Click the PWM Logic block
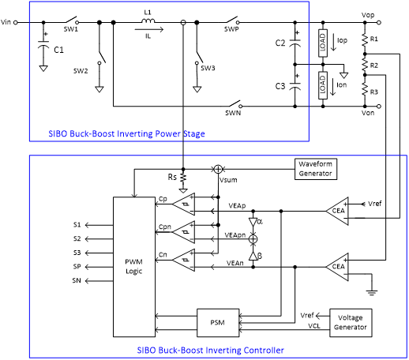134,267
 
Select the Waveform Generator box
316,169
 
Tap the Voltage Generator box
351,323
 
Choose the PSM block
218,323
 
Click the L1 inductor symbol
148,21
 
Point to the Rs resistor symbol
183,178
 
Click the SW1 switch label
71,29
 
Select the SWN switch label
233,113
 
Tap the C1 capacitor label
58,50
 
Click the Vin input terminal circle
16,23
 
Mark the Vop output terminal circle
379,23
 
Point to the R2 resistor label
374,66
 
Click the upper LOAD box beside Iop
323,43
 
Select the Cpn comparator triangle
184,232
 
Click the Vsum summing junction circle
218,169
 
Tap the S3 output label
77,253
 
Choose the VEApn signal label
235,235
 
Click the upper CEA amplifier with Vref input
337,211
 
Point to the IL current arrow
149,29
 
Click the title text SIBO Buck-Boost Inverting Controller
211,351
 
